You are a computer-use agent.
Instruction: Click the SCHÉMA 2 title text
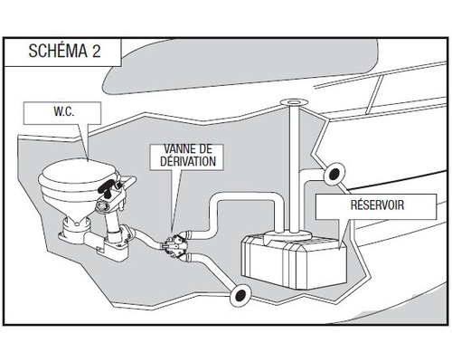64,51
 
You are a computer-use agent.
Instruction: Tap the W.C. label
64,111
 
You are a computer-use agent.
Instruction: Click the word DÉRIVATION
188,161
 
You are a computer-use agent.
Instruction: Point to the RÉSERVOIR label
377,205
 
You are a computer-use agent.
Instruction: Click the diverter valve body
174,243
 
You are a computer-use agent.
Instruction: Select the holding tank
295,261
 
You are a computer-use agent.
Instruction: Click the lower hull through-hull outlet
240,296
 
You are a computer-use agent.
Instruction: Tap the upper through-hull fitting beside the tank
334,174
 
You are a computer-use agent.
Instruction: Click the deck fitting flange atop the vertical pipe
294,102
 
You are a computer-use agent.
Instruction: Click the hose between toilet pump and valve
147,237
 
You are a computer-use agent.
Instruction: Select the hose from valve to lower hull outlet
211,270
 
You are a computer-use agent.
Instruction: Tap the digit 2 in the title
96,51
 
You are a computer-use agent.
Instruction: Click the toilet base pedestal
75,228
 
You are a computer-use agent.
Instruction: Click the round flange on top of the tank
288,234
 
